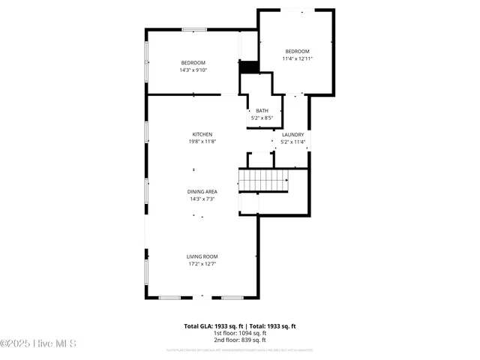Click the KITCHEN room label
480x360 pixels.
[x=202, y=134]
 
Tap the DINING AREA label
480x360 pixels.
[x=202, y=192]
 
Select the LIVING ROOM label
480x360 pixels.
[x=202, y=256]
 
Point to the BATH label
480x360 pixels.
[x=262, y=111]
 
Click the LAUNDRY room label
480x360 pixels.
[x=292, y=134]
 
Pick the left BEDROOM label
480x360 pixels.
[x=193, y=63]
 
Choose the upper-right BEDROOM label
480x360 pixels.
[x=297, y=51]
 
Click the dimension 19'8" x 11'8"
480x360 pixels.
[x=202, y=142]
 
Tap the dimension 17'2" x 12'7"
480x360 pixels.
[x=202, y=264]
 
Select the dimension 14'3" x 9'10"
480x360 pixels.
[x=193, y=70]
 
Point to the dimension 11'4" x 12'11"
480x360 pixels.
[x=297, y=58]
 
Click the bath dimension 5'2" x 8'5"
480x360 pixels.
[x=262, y=118]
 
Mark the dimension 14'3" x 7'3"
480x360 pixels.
[x=202, y=199]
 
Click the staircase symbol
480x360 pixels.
[x=263, y=180]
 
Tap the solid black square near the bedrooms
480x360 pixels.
[x=248, y=67]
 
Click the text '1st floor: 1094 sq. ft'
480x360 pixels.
[x=240, y=333]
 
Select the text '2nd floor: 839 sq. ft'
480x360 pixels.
[x=240, y=340]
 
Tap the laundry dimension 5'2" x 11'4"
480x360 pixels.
[x=292, y=142]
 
